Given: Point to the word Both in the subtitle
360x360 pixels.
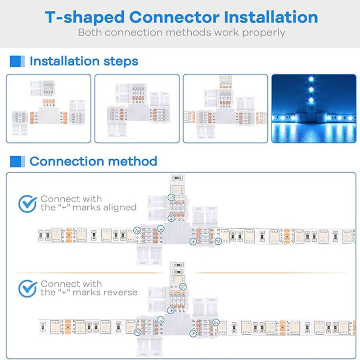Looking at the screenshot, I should pos(90,32).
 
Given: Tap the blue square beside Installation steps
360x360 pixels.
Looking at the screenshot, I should pos(17,61).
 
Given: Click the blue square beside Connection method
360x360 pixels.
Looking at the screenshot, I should pos(17,161).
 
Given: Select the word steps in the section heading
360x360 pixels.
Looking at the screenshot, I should pos(121,61).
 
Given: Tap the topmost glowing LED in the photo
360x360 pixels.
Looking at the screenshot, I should pos(310,80).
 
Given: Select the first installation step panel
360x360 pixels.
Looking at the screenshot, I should pos(48,108).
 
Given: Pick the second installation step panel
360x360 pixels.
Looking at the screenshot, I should pos(137,108).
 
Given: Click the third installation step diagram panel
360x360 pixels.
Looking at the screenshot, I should pos(225,108).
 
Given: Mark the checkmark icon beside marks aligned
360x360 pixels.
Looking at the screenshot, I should pos(28,203).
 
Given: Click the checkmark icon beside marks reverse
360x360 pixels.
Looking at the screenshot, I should pos(28,288).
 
